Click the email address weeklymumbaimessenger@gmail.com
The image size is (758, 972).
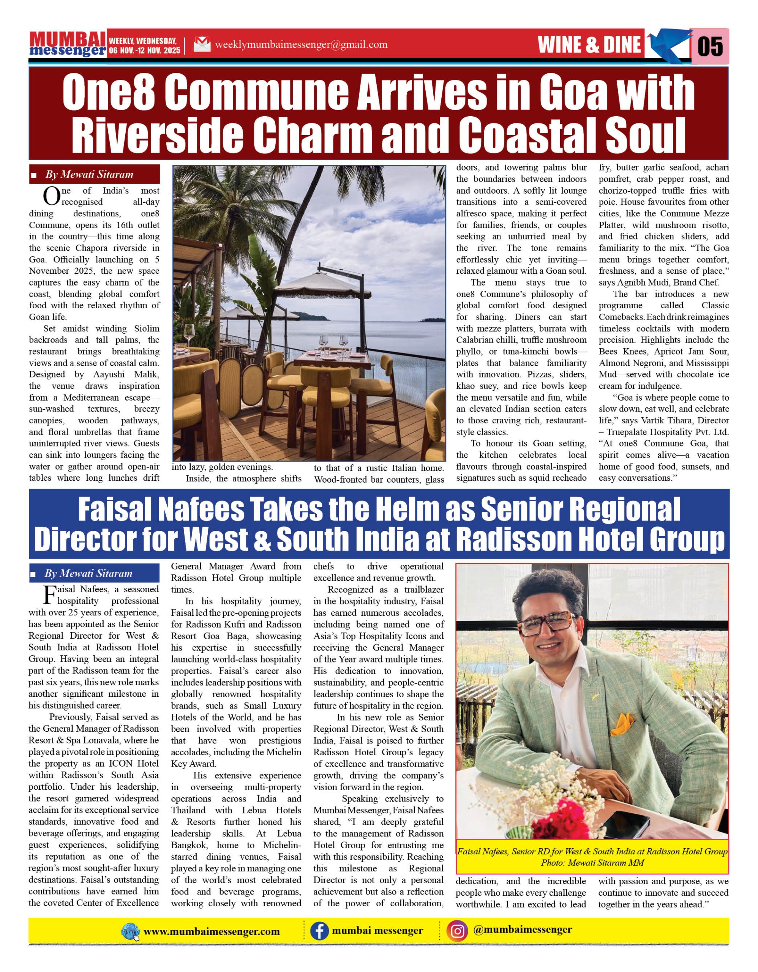(301, 44)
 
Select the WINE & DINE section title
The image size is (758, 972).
(589, 45)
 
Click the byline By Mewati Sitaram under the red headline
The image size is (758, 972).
(88, 174)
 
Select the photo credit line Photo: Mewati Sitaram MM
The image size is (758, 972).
(592, 863)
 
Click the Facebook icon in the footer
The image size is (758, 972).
(319, 931)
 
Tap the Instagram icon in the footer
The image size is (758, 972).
(458, 931)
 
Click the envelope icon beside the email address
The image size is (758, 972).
(202, 44)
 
